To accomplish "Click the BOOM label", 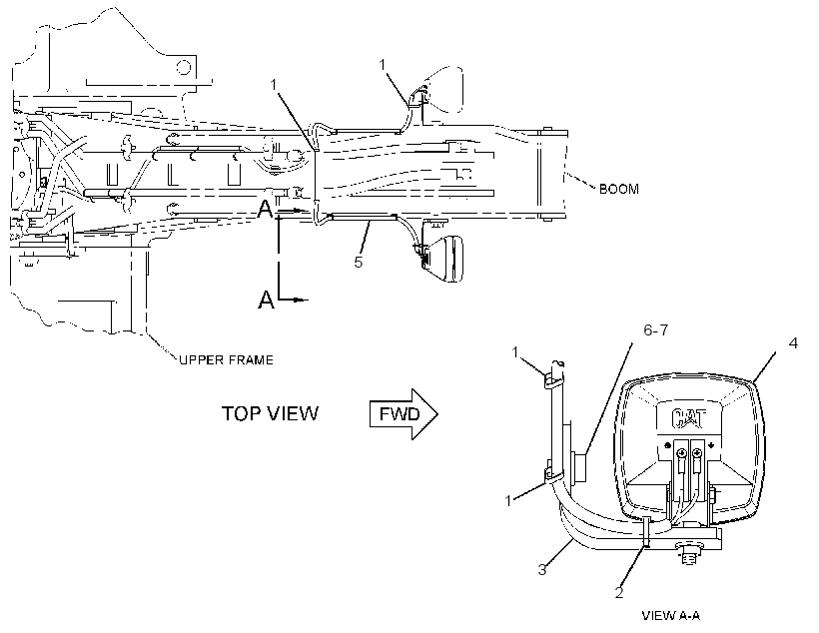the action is point(619,189).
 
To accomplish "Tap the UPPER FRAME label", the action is point(226,359).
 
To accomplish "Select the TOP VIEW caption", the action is point(270,413).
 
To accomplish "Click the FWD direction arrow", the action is point(404,414).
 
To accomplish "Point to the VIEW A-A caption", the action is point(671,616).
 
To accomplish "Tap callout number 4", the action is point(793,343).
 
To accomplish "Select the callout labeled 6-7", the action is point(655,330).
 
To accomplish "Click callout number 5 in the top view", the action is point(358,262).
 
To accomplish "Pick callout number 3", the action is point(542,569).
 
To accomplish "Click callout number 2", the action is point(619,592).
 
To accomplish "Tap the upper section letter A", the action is point(266,210).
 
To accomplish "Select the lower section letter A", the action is point(266,300).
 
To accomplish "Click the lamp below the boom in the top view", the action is point(442,259).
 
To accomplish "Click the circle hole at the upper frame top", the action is point(184,67).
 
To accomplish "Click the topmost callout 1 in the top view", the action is point(383,64).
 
